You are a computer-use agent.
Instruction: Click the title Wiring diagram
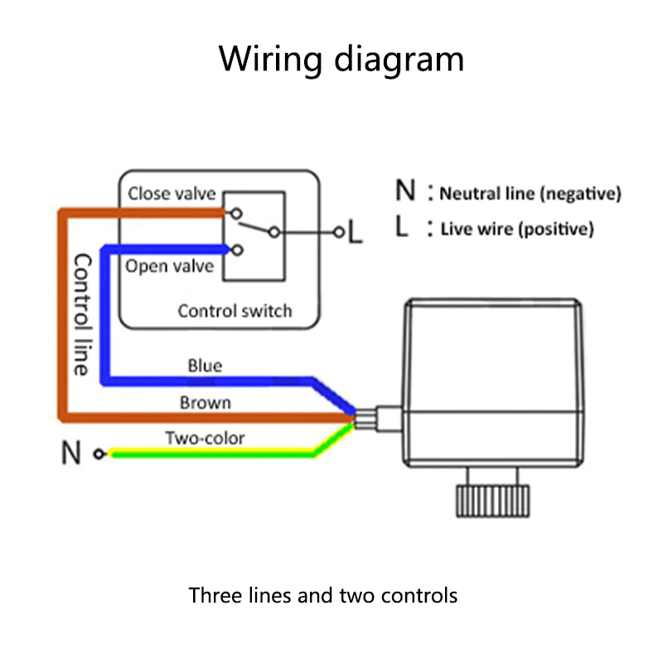[341, 60]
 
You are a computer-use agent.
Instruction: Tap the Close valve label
[172, 194]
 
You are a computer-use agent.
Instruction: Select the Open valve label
[169, 267]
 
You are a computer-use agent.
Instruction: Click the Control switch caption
[235, 312]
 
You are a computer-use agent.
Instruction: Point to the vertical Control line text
[81, 314]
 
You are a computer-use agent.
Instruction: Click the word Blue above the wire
[205, 365]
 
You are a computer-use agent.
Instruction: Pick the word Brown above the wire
[205, 404]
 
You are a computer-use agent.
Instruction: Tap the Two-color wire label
[205, 438]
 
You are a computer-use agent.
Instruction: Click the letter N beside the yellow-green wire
[71, 454]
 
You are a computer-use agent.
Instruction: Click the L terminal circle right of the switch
[337, 233]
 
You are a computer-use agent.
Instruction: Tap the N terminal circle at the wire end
[99, 454]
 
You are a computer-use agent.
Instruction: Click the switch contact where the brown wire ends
[239, 212]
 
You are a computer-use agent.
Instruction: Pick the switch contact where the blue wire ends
[239, 249]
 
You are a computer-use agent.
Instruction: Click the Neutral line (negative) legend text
[530, 195]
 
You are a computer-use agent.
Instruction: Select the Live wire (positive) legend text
[517, 230]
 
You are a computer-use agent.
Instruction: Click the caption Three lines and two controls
[323, 595]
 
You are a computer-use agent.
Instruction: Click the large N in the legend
[405, 191]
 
